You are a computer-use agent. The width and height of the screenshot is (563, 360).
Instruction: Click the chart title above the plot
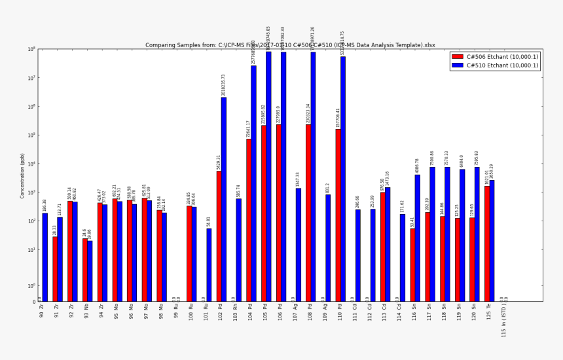coord(290,45)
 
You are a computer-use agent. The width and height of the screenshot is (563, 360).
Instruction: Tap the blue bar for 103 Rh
coord(238,249)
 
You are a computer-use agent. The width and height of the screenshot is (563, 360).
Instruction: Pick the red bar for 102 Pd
coord(219,236)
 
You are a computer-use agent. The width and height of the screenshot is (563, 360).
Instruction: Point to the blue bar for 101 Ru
coord(209,264)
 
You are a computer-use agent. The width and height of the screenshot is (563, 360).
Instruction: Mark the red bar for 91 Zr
coord(55,268)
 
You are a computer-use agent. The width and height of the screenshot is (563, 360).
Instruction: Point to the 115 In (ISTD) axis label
coord(503,322)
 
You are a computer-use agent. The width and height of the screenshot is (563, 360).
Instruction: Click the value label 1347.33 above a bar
coord(298,179)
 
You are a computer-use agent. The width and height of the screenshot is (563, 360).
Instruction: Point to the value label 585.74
coord(238,190)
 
